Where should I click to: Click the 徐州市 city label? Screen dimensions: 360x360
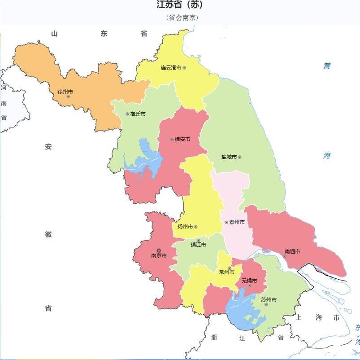[65, 92]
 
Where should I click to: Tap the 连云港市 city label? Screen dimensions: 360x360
[171, 68]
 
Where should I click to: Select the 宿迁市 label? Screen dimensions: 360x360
[138, 114]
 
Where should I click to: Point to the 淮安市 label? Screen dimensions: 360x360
[182, 139]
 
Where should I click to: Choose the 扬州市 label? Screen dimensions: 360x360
[185, 227]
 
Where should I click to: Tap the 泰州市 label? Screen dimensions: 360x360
[237, 222]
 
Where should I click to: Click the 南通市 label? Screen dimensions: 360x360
[292, 251]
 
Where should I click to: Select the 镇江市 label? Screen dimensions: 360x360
[198, 245]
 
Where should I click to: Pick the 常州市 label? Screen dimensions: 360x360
[226, 272]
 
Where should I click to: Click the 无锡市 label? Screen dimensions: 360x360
[249, 281]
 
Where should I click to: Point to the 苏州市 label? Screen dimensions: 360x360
[269, 299]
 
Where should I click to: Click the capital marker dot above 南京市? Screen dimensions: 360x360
[158, 250]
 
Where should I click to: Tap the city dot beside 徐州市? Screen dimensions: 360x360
[68, 97]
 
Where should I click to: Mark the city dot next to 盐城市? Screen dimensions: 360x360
[240, 157]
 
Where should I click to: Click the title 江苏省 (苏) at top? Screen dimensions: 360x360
[179, 5]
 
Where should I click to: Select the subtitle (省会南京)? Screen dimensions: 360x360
[182, 18]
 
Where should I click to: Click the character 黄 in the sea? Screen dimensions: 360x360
[327, 66]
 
